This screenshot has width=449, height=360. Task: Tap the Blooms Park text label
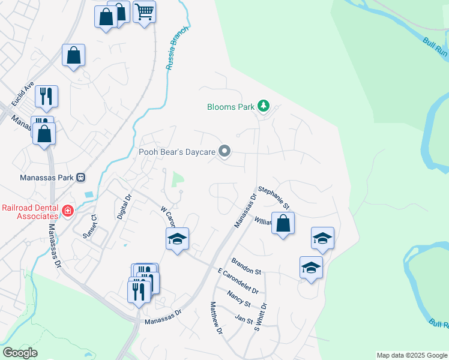(x=231, y=107)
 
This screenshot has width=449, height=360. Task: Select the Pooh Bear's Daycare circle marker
(x=224, y=152)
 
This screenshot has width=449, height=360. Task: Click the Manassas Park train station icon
(x=81, y=178)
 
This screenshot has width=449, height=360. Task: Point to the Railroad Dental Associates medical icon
(x=67, y=211)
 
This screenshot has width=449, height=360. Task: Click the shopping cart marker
(x=144, y=11)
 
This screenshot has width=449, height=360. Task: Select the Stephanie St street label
(x=274, y=197)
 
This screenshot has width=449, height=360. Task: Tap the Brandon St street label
(x=246, y=266)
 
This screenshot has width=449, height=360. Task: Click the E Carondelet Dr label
(x=238, y=281)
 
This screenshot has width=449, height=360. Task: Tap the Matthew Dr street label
(x=217, y=318)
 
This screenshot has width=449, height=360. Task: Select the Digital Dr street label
(x=124, y=205)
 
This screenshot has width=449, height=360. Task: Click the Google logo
(x=20, y=353)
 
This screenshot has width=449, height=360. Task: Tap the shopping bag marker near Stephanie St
(x=283, y=224)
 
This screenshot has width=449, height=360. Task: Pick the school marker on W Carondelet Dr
(x=177, y=239)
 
